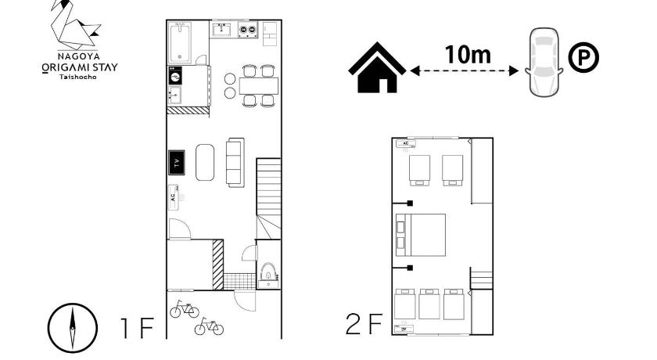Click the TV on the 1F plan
[177, 163]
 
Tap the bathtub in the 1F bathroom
[180, 42]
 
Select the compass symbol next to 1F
[73, 328]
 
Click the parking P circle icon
[583, 57]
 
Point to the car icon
[544, 62]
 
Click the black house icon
[377, 67]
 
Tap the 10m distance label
[468, 54]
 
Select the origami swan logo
[75, 24]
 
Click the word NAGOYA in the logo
[79, 56]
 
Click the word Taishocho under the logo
[78, 77]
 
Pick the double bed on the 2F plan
[421, 235]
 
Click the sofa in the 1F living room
[235, 162]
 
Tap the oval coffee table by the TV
[205, 163]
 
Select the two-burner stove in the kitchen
[248, 30]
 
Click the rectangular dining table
[259, 86]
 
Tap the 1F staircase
[268, 198]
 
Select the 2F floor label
[364, 324]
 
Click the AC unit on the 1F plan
[174, 197]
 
